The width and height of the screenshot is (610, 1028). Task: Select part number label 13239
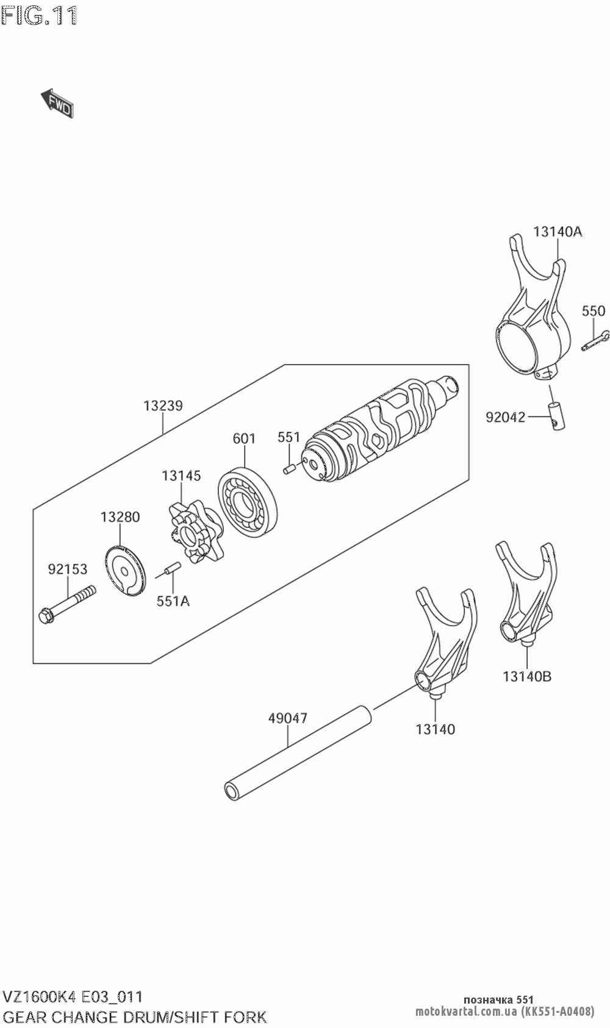[x=163, y=405]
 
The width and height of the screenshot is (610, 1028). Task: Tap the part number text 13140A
[x=558, y=232]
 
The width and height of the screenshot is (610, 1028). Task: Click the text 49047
[x=287, y=718]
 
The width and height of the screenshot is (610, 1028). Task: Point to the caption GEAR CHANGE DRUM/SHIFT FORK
[x=135, y=1016]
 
